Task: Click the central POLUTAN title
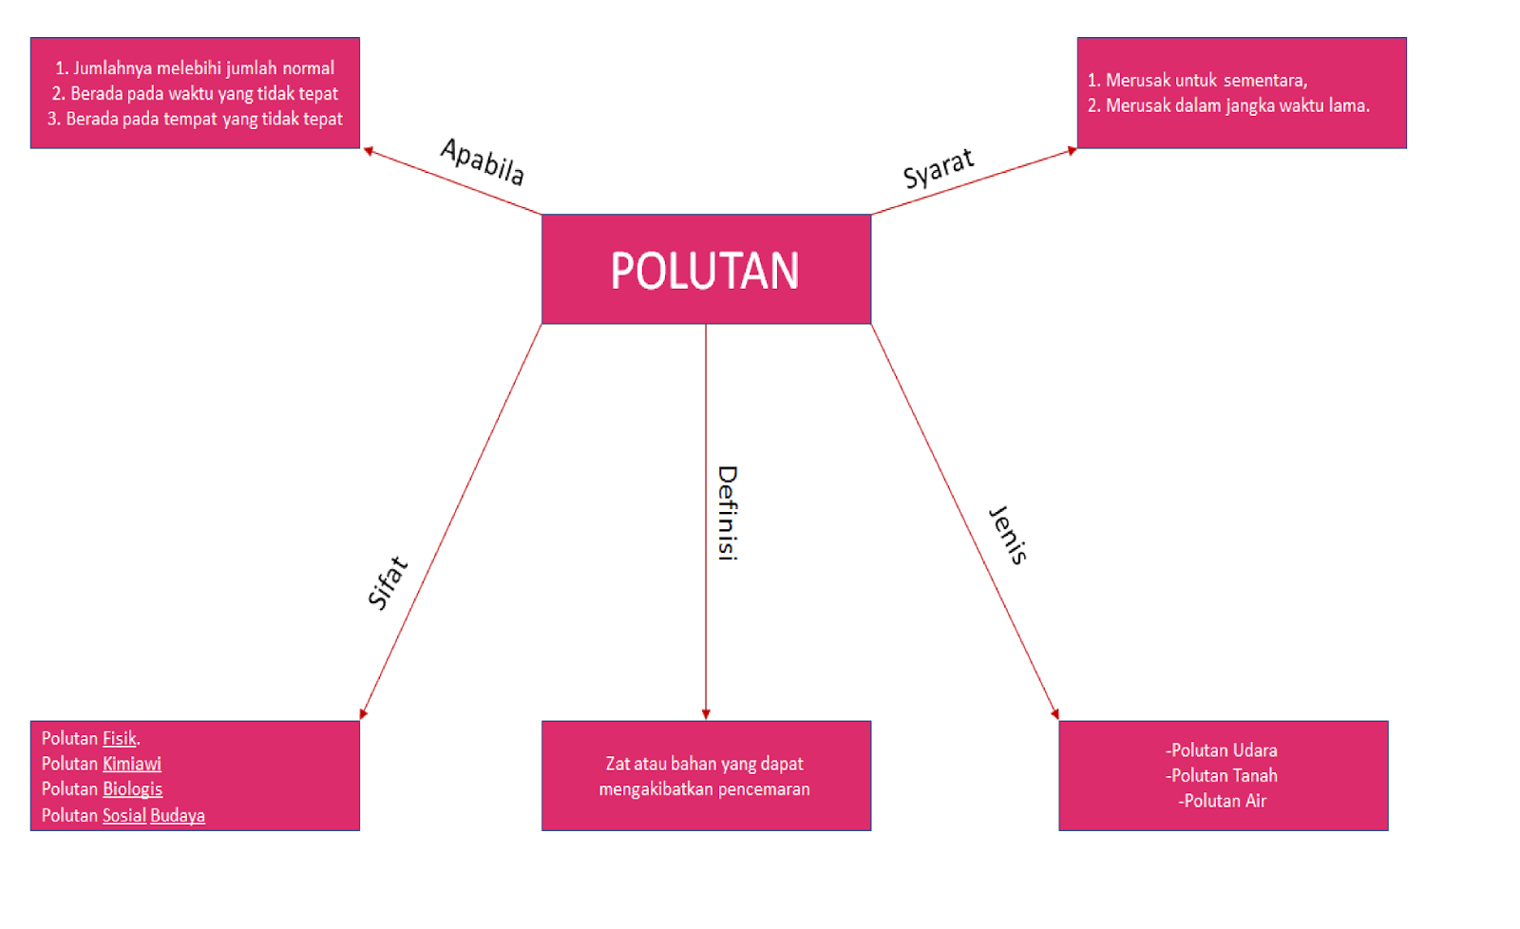pos(705,271)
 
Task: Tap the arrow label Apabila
pos(483,161)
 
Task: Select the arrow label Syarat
pos(939,168)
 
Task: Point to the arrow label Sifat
pos(388,582)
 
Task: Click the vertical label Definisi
pos(727,513)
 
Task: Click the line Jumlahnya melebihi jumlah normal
pos(195,68)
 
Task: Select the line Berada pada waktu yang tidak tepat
pos(195,93)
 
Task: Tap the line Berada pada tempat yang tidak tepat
pos(195,119)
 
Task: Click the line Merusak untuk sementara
pos(1197,81)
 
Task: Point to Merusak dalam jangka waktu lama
pos(1228,105)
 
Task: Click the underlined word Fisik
pos(120,738)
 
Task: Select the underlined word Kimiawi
pos(132,764)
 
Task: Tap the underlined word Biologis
pos(133,789)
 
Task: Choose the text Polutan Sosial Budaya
pos(123,815)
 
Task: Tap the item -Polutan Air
pos(1223,801)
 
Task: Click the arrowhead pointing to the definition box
pos(706,714)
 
